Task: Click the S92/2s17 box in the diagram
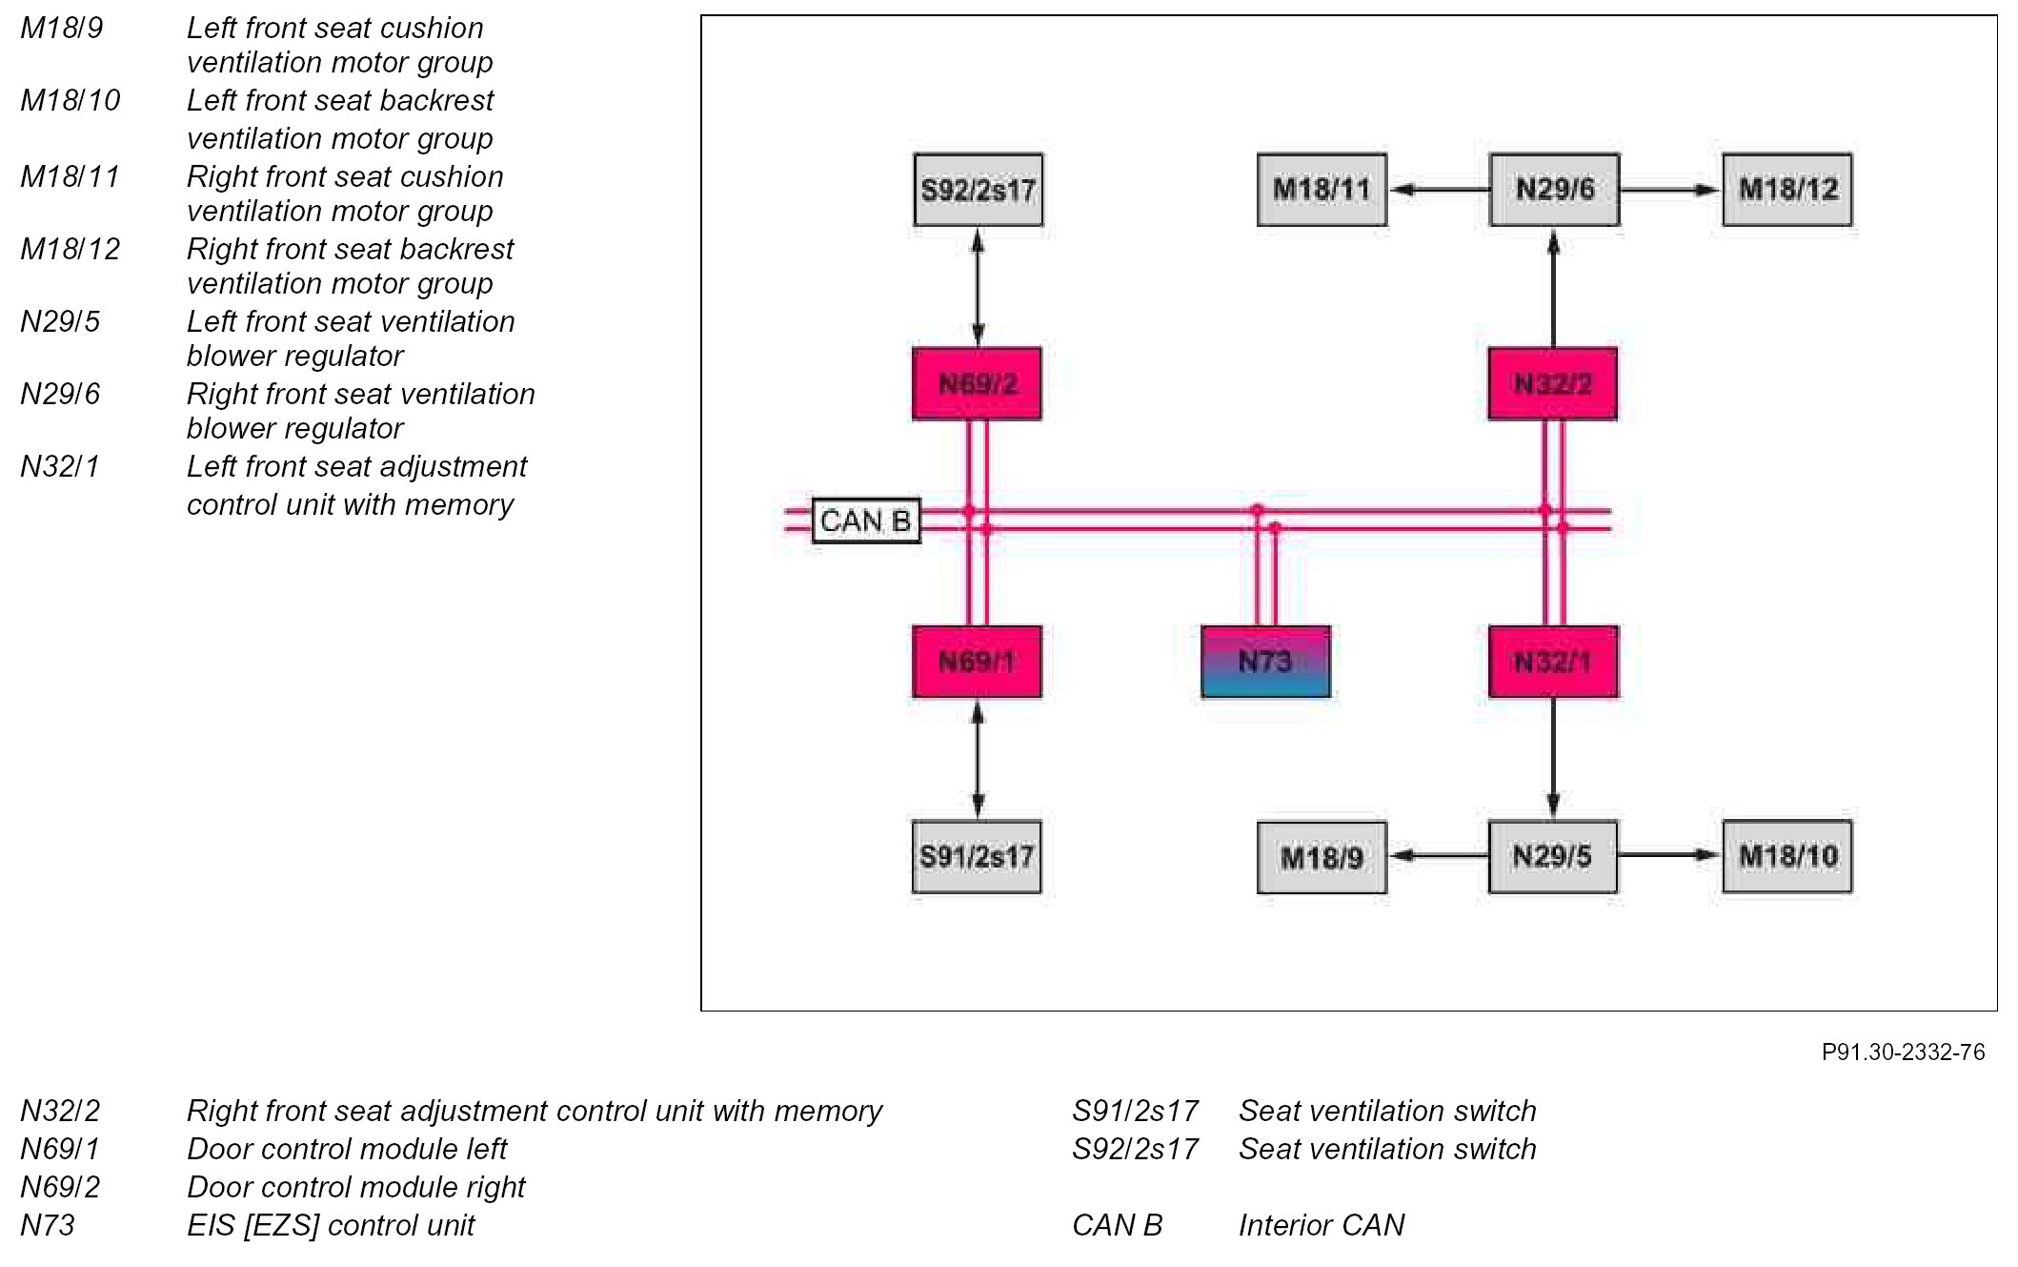tap(978, 190)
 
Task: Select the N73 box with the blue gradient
tap(1265, 662)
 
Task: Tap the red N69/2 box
tap(977, 383)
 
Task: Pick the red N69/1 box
tap(977, 662)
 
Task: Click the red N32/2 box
tap(1553, 383)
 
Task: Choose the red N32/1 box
tap(1553, 662)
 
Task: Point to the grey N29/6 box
tap(1554, 190)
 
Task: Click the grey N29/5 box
tap(1553, 856)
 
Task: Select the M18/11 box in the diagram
tap(1322, 190)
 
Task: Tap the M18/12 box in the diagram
tap(1787, 190)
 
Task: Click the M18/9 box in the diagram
tap(1322, 857)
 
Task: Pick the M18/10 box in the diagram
tap(1787, 856)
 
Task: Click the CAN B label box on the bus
tap(866, 521)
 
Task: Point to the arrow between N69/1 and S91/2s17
tap(978, 760)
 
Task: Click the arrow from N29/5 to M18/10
tap(1670, 855)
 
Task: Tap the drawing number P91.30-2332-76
tap(1903, 1052)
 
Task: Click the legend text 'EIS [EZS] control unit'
tap(331, 1225)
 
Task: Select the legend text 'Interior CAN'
tap(1322, 1225)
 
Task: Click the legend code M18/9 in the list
tap(61, 29)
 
